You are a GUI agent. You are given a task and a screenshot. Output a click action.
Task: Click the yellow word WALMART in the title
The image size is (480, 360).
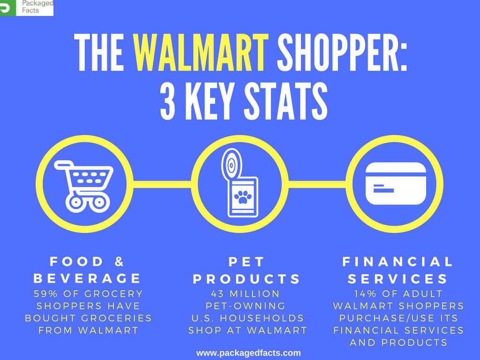pos(201,52)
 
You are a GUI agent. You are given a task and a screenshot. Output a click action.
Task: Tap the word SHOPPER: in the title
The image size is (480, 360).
pos(342,52)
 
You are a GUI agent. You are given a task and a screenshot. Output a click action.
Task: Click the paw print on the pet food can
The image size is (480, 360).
pos(243,198)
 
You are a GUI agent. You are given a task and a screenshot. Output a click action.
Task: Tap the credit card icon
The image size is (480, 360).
pos(396,183)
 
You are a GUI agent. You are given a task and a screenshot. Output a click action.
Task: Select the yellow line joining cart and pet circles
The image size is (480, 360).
pos(162,184)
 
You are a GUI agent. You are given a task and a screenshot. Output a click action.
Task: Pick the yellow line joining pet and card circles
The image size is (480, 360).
pos(318,184)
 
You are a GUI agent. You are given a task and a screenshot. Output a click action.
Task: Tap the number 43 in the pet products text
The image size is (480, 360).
pos(216,294)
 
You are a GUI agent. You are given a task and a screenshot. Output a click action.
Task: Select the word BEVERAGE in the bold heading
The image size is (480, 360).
pos(87,278)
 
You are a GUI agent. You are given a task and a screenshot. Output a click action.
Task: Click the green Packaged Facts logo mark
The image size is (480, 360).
pos(7,7)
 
